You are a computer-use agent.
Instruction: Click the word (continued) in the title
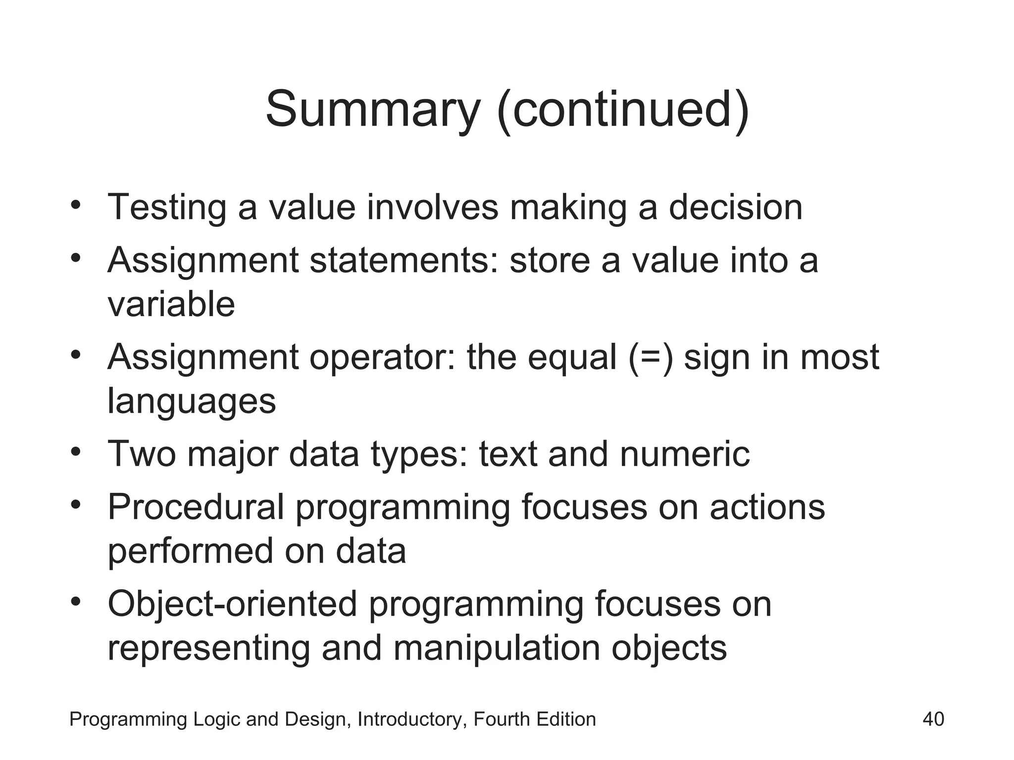623,110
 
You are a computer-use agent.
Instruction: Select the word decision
735,207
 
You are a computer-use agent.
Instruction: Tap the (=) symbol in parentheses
651,357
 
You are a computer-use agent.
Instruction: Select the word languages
192,401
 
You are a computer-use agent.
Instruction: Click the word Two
142,454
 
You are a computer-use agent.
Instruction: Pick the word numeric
684,454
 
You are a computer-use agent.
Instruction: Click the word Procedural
196,507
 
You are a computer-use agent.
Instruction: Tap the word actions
767,507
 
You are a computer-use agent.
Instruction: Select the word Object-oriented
232,604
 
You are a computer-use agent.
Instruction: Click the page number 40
933,719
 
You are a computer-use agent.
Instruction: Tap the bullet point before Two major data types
75,451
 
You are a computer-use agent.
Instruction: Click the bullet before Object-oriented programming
75,602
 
